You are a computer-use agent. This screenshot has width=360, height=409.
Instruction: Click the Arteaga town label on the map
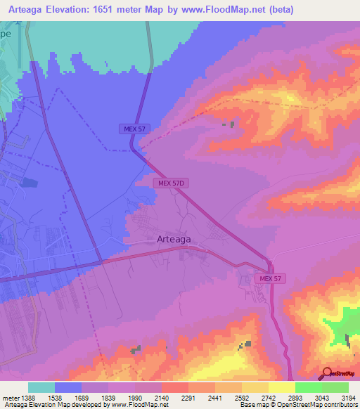click(172, 239)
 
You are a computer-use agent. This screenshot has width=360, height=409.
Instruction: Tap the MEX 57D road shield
click(172, 183)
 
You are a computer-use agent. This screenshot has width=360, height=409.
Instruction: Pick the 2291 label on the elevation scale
click(188, 397)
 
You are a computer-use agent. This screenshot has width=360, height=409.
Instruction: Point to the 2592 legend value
click(240, 397)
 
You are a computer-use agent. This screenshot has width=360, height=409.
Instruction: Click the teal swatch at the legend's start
click(41, 387)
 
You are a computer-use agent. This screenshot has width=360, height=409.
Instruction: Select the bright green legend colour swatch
click(308, 387)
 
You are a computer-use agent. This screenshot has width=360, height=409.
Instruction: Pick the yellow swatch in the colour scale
click(281, 387)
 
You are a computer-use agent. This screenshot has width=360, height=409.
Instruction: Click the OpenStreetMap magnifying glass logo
click(327, 373)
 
